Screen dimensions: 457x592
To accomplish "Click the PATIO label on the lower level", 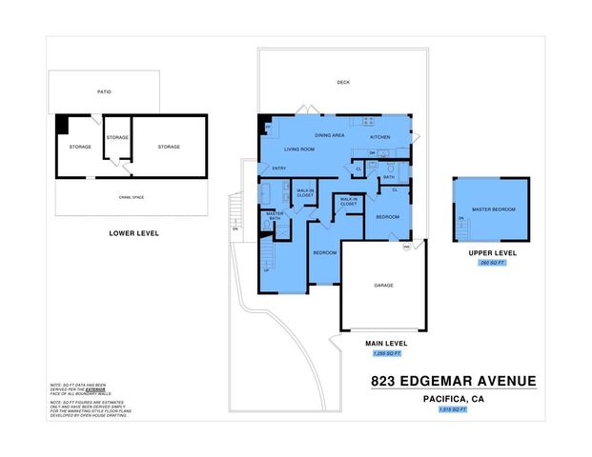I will (105, 91).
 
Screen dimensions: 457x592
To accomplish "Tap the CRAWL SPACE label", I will (132, 196).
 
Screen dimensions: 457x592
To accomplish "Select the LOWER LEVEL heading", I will (133, 232).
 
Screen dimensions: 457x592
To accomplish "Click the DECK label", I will (343, 83).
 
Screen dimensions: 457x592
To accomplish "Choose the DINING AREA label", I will (330, 135).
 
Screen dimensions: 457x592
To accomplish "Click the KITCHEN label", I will (380, 137).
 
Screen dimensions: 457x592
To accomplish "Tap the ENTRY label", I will (279, 169).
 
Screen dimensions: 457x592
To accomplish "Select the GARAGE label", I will (384, 285).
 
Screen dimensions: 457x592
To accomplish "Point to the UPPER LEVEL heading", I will (492, 252).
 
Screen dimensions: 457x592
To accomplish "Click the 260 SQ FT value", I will (492, 262).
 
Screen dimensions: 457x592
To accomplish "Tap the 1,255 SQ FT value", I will (387, 353).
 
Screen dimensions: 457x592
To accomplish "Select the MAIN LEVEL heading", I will (387, 343).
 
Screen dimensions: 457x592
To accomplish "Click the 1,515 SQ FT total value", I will (452, 408).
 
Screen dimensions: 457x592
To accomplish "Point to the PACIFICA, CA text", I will (452, 399).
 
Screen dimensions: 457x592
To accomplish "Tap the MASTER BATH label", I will (275, 216).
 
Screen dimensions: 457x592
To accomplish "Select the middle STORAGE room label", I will (117, 137).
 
